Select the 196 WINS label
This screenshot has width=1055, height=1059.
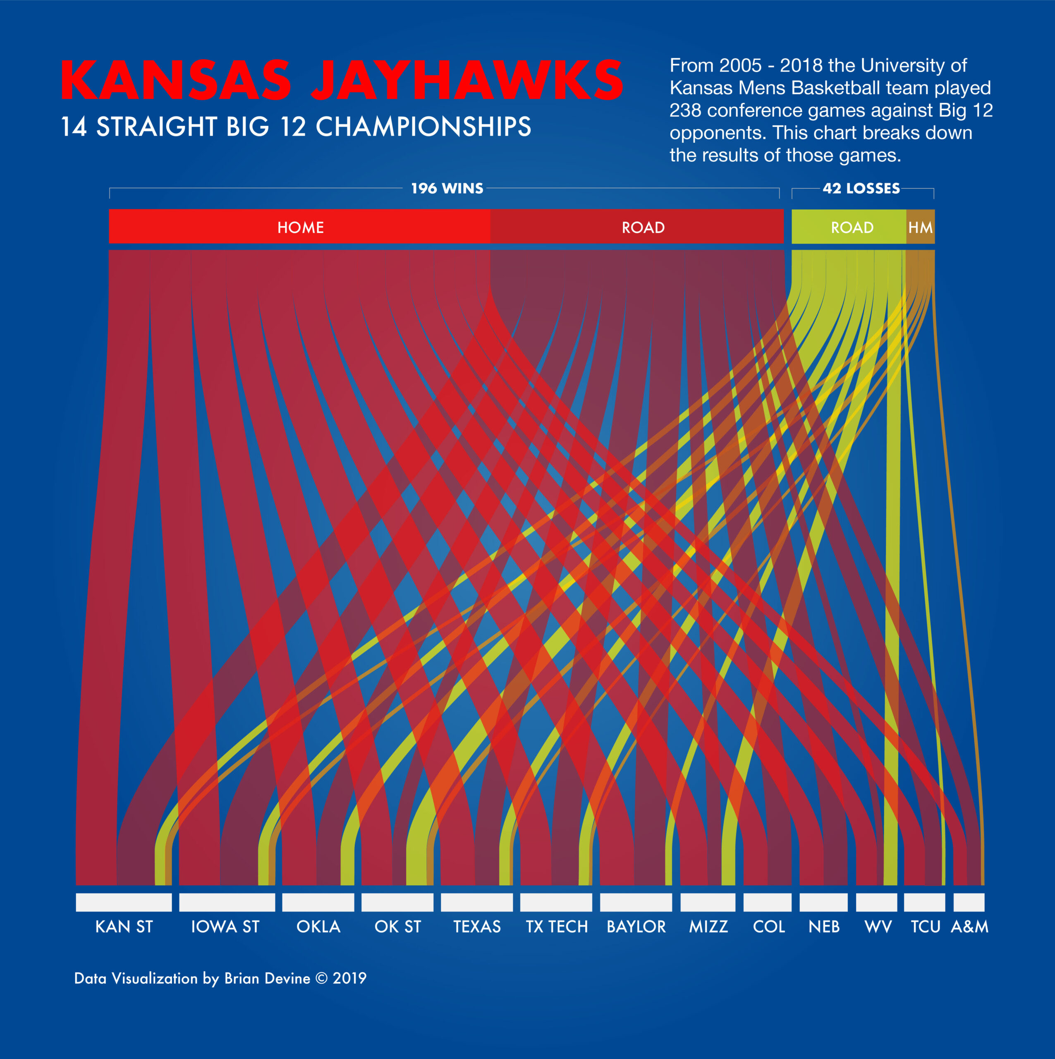(447, 189)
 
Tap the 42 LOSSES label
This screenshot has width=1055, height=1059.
(861, 189)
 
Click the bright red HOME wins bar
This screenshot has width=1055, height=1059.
(299, 226)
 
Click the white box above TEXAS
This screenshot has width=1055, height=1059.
(476, 902)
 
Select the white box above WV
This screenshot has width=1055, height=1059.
(876, 902)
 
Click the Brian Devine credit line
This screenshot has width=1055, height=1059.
(220, 978)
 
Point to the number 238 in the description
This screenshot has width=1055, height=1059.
(685, 110)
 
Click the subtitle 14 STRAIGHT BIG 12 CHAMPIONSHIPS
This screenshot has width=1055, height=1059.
(295, 127)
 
